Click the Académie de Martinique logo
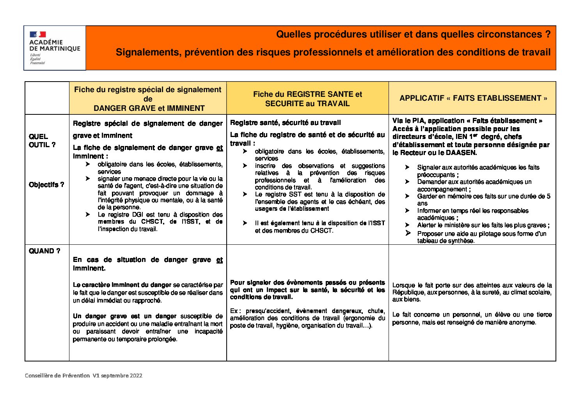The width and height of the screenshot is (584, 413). click(55, 48)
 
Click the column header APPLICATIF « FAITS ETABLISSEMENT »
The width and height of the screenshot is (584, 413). click(473, 98)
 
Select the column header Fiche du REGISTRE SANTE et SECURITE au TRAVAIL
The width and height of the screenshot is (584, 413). click(307, 99)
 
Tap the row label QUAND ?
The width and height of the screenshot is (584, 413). click(44, 251)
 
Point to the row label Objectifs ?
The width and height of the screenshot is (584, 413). click(46, 185)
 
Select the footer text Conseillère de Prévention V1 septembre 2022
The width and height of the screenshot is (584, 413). click(83, 376)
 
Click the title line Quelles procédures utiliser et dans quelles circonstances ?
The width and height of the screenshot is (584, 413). click(413, 34)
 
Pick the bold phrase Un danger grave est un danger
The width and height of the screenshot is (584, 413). click(124, 316)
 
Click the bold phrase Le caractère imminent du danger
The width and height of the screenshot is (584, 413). click(122, 285)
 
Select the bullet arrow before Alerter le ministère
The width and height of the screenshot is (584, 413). click(407, 225)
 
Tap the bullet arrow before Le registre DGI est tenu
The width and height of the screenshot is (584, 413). click(88, 215)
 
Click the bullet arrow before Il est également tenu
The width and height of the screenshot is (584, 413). click(245, 223)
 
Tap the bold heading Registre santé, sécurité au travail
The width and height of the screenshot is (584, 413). click(286, 123)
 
